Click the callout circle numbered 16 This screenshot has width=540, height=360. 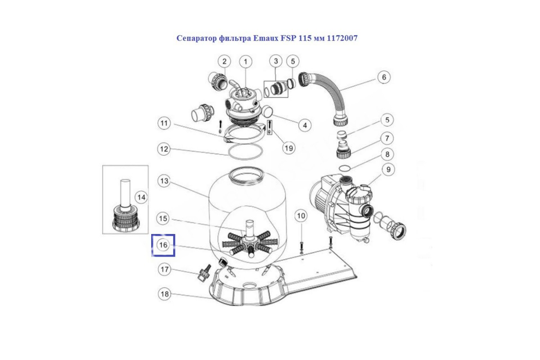(x=163, y=245)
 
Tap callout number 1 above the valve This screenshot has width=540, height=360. (x=246, y=61)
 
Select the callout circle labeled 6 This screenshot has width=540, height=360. (x=383, y=77)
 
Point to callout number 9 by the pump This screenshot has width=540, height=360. (x=387, y=170)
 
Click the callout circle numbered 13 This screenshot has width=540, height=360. (x=165, y=181)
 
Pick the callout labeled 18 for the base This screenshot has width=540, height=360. (x=165, y=294)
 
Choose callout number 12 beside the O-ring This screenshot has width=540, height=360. (x=165, y=148)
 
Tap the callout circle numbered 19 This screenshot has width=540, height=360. (x=288, y=147)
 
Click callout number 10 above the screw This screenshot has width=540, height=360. (x=301, y=216)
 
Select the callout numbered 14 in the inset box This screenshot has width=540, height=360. (x=141, y=197)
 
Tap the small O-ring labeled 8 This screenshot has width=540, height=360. (x=344, y=168)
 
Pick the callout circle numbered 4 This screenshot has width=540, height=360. (x=305, y=125)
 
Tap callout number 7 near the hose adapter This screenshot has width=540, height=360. (x=387, y=138)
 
